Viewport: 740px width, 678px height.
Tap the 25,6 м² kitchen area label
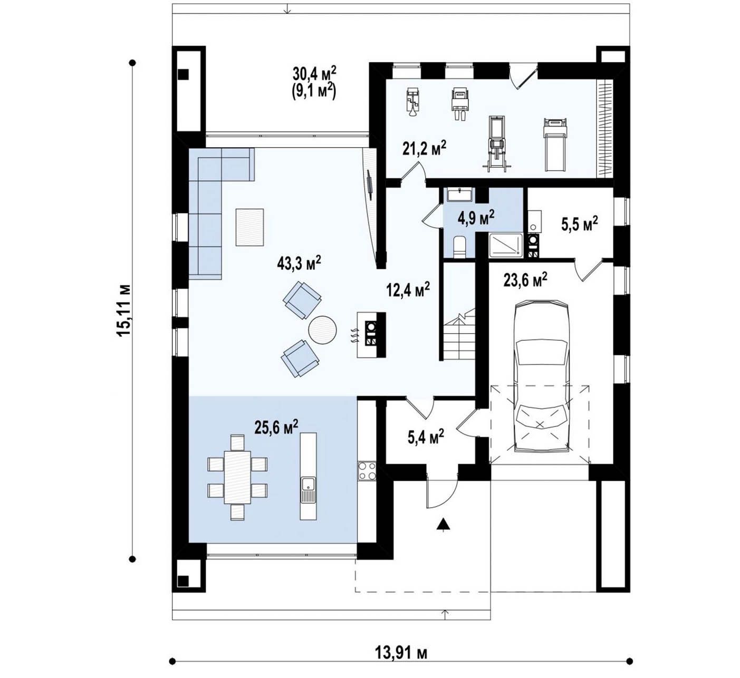pos(276,427)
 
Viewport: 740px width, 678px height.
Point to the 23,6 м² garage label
pos(525,280)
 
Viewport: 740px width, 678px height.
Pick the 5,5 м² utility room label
pos(580,224)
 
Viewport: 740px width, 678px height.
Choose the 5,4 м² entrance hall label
pos(426,437)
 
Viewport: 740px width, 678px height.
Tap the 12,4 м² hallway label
pos(408,289)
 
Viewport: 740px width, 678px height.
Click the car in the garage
pos(542,376)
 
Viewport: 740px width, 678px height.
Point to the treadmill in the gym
pos(555,144)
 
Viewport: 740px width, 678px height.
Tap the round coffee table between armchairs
pos(322,330)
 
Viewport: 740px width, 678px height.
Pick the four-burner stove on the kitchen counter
pos(367,471)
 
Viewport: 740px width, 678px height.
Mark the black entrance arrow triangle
pos(443,524)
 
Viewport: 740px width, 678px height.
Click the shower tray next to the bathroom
pos(506,245)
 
